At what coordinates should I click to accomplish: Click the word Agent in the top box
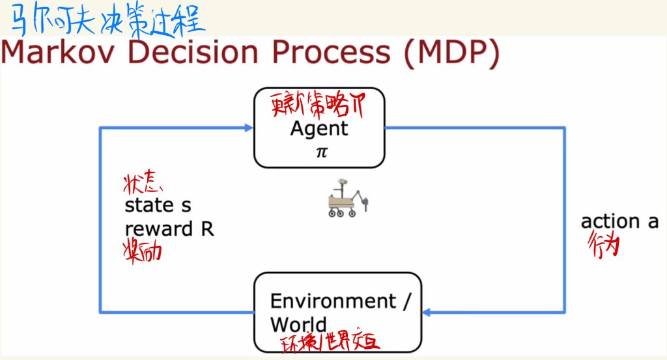319,128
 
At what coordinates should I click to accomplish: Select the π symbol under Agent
319,152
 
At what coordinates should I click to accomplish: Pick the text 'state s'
158,206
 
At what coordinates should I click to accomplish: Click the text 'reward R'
169,229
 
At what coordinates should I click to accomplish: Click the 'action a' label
619,221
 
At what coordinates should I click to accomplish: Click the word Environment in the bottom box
332,301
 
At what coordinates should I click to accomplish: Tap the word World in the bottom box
298,324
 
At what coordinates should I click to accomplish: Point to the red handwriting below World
328,342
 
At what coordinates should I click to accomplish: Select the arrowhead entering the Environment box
427,312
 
